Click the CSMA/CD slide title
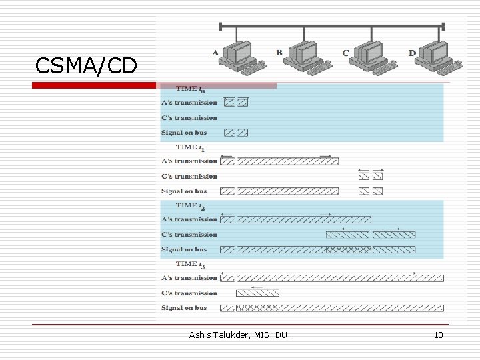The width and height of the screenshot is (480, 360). (x=86, y=65)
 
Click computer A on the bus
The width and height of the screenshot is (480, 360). (x=240, y=56)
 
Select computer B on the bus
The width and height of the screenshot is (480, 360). (x=303, y=56)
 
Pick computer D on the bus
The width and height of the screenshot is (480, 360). (x=434, y=56)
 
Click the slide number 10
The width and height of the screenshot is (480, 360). (x=438, y=335)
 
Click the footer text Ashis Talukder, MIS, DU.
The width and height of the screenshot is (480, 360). (x=239, y=335)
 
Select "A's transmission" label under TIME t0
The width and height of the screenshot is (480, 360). (x=189, y=103)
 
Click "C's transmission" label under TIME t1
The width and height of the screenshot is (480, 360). (x=189, y=177)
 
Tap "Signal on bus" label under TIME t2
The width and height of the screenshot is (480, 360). (x=185, y=249)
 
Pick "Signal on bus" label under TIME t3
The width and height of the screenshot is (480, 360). (x=185, y=308)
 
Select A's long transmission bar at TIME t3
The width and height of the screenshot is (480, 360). (x=340, y=278)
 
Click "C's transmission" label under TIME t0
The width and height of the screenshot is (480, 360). (x=189, y=118)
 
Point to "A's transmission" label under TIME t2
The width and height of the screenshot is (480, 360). (x=189, y=219)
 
